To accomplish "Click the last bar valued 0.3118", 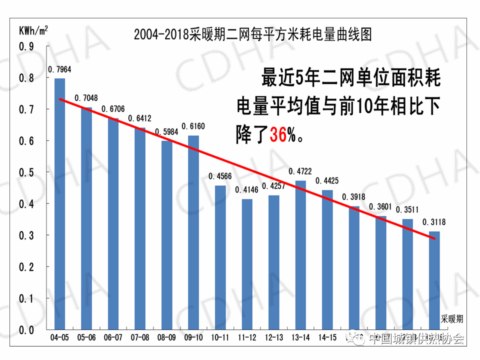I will tap(434, 280).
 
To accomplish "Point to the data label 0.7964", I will tap(59, 69).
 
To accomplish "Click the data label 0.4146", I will tap(247, 190).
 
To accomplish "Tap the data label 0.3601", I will tap(381, 207).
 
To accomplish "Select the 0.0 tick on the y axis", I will tap(26, 330).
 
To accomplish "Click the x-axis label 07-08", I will tap(139, 338).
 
